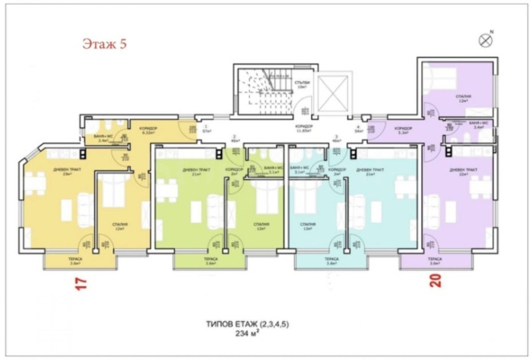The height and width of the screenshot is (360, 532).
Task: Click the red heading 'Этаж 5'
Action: [104, 45]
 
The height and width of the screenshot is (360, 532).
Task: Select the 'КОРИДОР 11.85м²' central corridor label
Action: [304, 128]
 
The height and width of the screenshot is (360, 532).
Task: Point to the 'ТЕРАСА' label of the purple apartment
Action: [435, 260]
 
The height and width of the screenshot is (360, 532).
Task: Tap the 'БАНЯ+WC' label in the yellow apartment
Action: [103, 137]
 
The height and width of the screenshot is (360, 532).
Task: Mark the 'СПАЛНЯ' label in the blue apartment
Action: [307, 224]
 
